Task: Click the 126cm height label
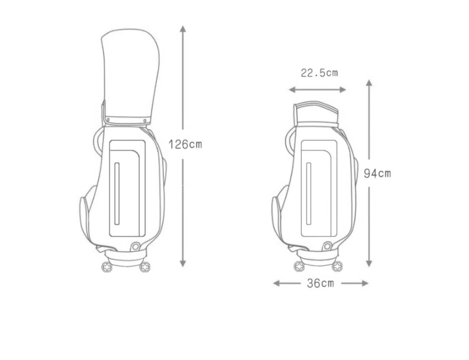pyautogui.click(x=185, y=145)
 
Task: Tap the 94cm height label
pyautogui.click(x=377, y=174)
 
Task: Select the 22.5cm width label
pyautogui.click(x=319, y=73)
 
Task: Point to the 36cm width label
pyautogui.click(x=320, y=283)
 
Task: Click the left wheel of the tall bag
pyautogui.click(x=107, y=267)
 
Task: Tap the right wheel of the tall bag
pyautogui.click(x=145, y=267)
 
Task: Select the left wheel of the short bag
pyautogui.click(x=299, y=266)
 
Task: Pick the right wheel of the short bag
pyautogui.click(x=337, y=266)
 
